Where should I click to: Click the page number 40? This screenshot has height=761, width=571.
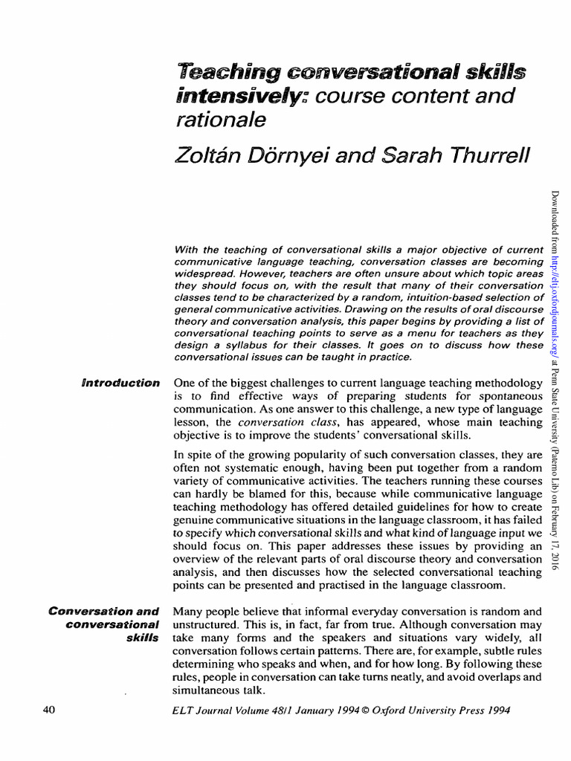[50, 710]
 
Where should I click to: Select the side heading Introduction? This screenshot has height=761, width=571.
[120, 383]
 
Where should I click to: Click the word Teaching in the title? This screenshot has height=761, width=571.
[223, 73]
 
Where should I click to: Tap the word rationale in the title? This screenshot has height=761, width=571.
[220, 119]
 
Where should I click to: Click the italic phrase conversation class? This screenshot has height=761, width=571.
[278, 422]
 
